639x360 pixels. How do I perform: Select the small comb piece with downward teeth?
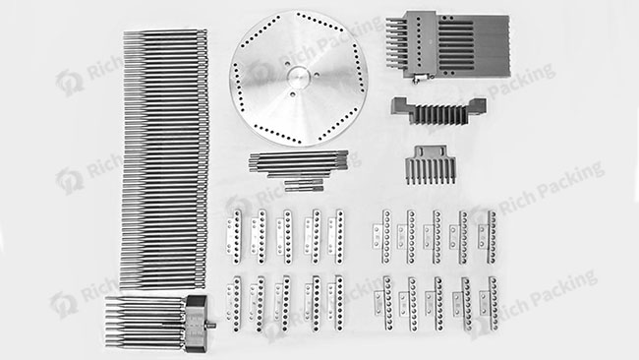pos(428,164)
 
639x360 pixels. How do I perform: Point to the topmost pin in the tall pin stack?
pos(165,32)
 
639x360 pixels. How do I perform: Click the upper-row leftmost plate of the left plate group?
pos(235,233)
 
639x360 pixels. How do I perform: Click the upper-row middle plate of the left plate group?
pos(286,233)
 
